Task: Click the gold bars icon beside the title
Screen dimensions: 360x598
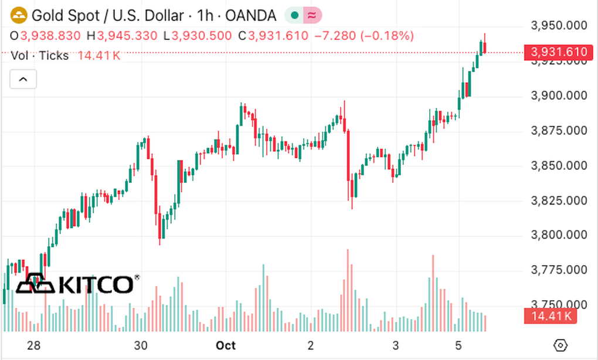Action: tap(19, 15)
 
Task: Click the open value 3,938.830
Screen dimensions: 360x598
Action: tap(50, 36)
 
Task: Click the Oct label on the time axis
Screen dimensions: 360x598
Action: tap(226, 345)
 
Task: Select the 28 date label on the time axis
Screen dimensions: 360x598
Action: tap(33, 345)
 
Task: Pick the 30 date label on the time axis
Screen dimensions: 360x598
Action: tap(140, 345)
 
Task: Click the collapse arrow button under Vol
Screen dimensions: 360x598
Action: tap(23, 79)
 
